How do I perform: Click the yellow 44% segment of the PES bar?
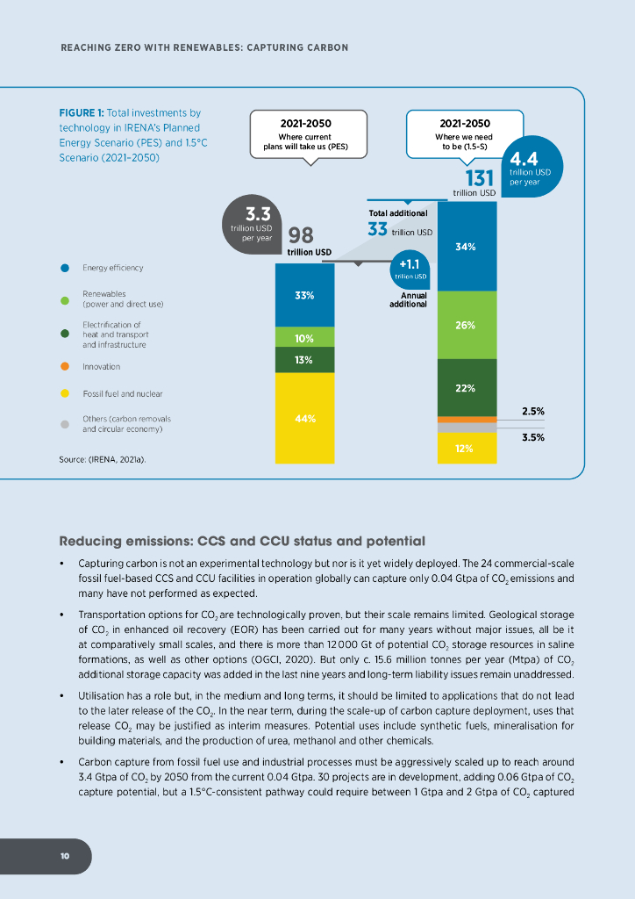[304, 418]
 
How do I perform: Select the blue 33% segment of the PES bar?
[304, 295]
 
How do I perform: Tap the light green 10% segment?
[304, 337]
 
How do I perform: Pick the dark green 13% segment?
[304, 359]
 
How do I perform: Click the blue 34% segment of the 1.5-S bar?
[466, 247]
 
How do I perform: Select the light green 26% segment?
[466, 325]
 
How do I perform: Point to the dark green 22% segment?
[466, 387]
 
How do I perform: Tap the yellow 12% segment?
[466, 448]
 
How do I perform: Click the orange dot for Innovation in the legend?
[65, 366]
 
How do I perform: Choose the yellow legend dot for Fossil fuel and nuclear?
[65, 393]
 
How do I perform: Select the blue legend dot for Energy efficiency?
[65, 268]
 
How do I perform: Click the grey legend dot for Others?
[65, 424]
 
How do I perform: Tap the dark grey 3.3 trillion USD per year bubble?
[253, 226]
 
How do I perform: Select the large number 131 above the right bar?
[472, 178]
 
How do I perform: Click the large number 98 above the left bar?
[302, 236]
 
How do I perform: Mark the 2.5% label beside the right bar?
[533, 411]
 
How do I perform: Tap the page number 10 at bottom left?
[65, 856]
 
